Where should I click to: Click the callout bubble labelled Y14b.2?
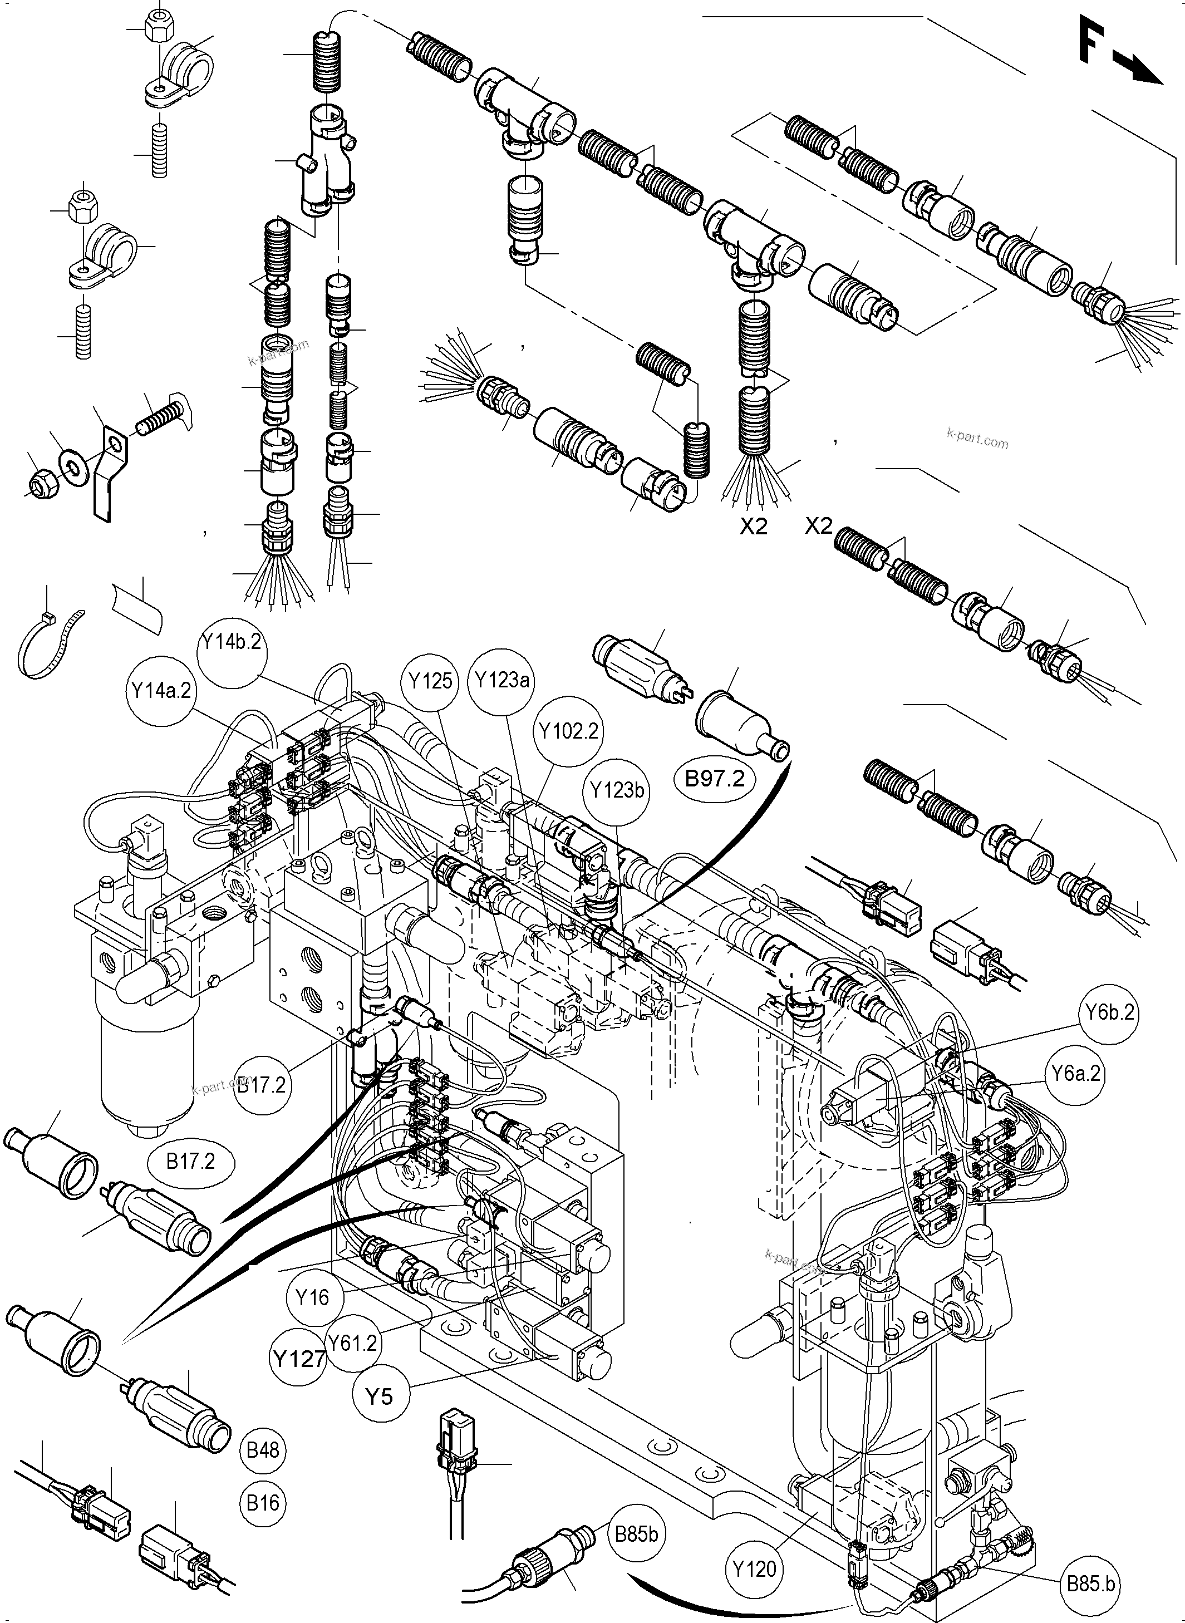(231, 642)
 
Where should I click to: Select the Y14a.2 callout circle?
(162, 691)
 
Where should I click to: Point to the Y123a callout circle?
(502, 679)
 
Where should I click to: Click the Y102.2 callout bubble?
(569, 731)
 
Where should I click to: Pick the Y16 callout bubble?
(313, 1297)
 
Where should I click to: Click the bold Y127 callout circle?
(298, 1358)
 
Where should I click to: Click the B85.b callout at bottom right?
(1090, 1583)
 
